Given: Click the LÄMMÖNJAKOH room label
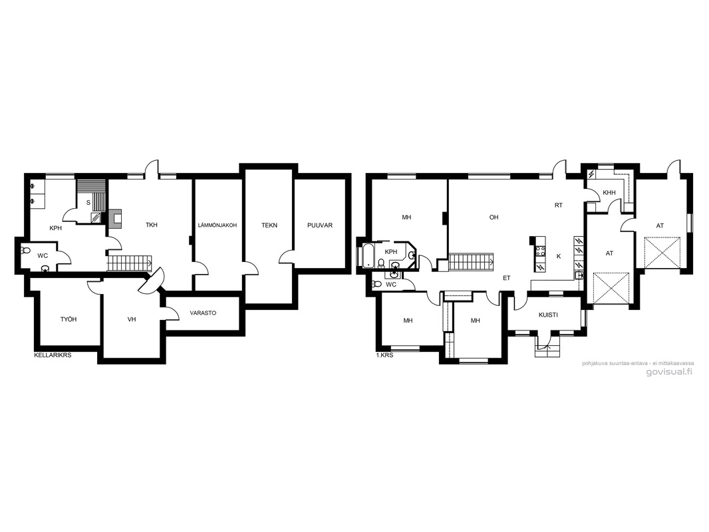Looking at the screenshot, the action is click(217, 225).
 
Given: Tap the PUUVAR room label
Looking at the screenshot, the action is click(320, 225).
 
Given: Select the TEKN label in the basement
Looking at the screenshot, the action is click(269, 225).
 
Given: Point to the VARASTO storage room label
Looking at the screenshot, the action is click(203, 313).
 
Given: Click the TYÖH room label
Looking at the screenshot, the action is click(69, 319).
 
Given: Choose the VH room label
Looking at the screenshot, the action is click(132, 319).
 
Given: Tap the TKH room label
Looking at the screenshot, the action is click(152, 225).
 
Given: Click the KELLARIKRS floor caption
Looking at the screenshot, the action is click(53, 355).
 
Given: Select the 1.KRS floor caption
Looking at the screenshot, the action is click(385, 355).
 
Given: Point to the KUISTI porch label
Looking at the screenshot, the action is click(548, 315).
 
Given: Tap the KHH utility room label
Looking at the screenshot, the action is click(609, 193).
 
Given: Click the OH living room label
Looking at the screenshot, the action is click(494, 217).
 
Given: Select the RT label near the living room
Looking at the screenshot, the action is click(559, 205).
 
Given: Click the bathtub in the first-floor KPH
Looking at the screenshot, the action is click(367, 255).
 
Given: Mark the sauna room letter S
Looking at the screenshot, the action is click(88, 203).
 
